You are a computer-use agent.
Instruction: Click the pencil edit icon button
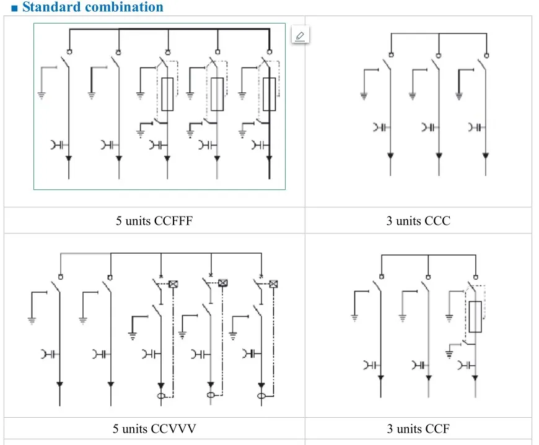(x=300, y=35)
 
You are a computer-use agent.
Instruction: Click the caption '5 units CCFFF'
(x=154, y=220)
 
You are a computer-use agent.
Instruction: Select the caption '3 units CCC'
(x=418, y=220)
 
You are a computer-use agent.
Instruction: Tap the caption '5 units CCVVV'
(x=154, y=428)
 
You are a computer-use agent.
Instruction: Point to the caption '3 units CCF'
(x=418, y=428)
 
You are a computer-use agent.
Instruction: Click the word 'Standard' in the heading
(x=51, y=7)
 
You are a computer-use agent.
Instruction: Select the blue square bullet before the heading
(x=14, y=8)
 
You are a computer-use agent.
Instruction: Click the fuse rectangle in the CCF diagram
(x=475, y=317)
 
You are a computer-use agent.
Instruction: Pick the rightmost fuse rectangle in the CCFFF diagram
(x=269, y=94)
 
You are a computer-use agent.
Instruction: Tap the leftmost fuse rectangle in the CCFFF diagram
(x=167, y=94)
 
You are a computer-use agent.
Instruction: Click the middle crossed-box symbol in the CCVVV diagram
(x=223, y=283)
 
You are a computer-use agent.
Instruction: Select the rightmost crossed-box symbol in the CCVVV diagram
(x=273, y=284)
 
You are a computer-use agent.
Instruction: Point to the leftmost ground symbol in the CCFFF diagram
(x=42, y=95)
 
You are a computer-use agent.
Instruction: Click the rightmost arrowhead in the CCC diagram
(x=485, y=155)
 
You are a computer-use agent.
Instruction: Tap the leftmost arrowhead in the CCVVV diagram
(x=60, y=384)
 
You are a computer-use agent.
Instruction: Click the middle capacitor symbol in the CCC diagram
(x=428, y=127)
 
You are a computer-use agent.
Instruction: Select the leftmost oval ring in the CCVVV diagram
(x=161, y=396)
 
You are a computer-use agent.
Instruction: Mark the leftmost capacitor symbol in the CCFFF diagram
(x=58, y=145)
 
